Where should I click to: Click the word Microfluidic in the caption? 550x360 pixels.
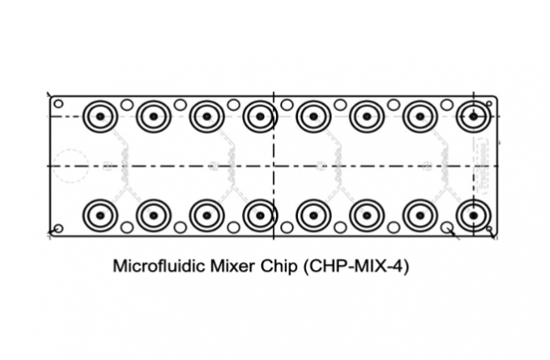coord(159,266)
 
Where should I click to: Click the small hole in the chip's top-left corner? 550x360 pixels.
coord(59,104)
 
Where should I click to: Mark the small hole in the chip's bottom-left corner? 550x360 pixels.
coord(59,228)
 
